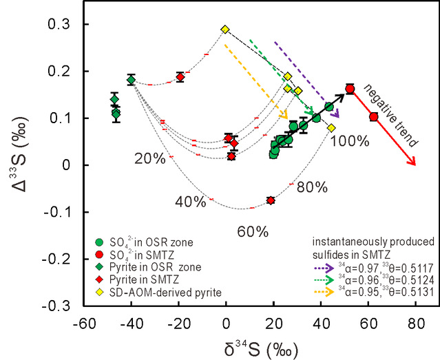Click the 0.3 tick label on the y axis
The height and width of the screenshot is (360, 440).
pyautogui.click(x=63, y=25)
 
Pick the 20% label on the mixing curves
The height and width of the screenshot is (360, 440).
pyautogui.click(x=149, y=159)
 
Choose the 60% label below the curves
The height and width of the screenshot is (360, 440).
pyautogui.click(x=253, y=231)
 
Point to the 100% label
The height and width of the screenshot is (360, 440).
pyautogui.click(x=350, y=142)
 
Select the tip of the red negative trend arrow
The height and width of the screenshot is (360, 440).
pyautogui.click(x=415, y=165)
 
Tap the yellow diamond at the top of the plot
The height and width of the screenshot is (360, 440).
pyautogui.click(x=225, y=30)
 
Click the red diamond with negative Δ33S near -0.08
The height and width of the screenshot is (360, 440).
pyautogui.click(x=271, y=200)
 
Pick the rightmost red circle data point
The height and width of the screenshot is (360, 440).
pyautogui.click(x=374, y=117)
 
